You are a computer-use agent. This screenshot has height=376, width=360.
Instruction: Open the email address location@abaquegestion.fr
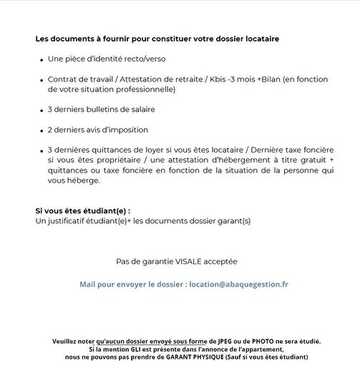pyautogui.click(x=239, y=284)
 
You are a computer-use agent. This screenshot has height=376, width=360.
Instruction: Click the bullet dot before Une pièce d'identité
pyautogui.click(x=42, y=59)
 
